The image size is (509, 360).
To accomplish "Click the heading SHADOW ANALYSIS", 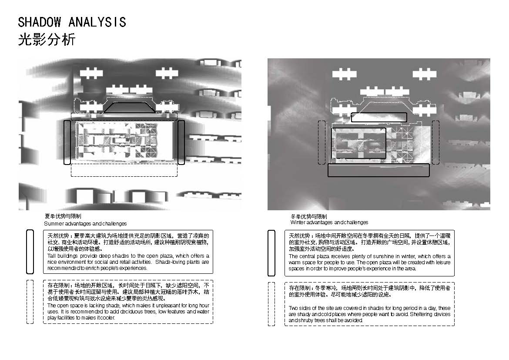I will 72,22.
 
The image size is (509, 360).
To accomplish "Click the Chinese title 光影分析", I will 47,40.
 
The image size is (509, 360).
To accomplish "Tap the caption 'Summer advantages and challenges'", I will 85,223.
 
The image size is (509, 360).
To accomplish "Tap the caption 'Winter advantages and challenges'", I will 329,222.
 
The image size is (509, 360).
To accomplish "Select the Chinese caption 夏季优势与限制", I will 63,216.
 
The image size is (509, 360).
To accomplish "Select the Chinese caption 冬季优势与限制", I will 309,216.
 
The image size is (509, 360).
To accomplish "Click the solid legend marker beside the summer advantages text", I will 30,252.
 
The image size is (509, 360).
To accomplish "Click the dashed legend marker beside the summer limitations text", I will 30,302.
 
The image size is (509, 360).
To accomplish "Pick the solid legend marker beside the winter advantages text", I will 271,252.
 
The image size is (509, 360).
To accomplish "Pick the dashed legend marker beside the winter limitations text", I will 271,304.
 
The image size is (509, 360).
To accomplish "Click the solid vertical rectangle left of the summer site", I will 67,142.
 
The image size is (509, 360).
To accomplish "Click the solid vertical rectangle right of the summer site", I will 181,142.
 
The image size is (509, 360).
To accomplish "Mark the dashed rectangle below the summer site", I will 124,170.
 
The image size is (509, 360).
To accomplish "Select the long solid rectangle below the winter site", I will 378,170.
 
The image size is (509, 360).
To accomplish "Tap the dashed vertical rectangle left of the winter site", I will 321,142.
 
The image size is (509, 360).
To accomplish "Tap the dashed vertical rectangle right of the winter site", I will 435,142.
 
